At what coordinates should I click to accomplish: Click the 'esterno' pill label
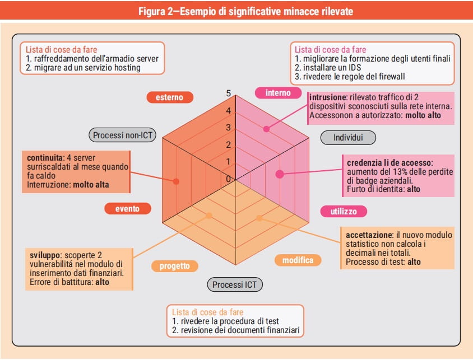pyautogui.click(x=169, y=97)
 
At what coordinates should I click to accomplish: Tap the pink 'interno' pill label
pyautogui.click(x=278, y=92)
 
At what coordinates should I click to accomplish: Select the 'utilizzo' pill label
pyautogui.click(x=344, y=211)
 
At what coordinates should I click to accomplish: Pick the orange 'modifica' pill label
pyautogui.click(x=298, y=260)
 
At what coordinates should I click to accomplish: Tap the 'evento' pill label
pyautogui.click(x=128, y=208)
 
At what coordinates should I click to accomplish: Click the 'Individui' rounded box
pyautogui.click(x=348, y=137)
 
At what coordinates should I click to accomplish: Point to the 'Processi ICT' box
pyautogui.click(x=235, y=284)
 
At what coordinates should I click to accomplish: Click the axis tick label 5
pyautogui.click(x=228, y=93)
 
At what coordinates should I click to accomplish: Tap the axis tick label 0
pyautogui.click(x=228, y=179)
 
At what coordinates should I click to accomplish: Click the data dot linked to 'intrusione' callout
pyautogui.click(x=266, y=129)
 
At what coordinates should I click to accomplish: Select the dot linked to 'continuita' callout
pyautogui.click(x=176, y=181)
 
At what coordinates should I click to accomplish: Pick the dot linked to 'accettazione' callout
pyautogui.click(x=259, y=218)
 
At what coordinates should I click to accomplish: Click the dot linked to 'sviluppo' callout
pyautogui.click(x=209, y=216)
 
